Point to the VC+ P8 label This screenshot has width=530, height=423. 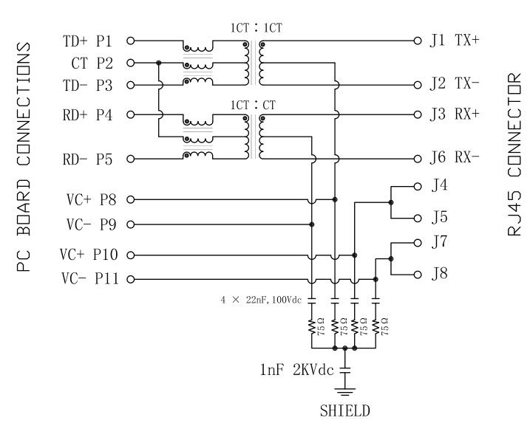(89, 199)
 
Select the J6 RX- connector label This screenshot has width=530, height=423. (454, 157)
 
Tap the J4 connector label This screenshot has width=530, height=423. (439, 186)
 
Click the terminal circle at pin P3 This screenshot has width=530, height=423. (131, 85)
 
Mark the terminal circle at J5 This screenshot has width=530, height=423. (417, 218)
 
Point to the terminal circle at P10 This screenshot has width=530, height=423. (131, 255)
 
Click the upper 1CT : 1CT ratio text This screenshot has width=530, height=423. (256, 28)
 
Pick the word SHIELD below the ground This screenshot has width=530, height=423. (345, 410)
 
